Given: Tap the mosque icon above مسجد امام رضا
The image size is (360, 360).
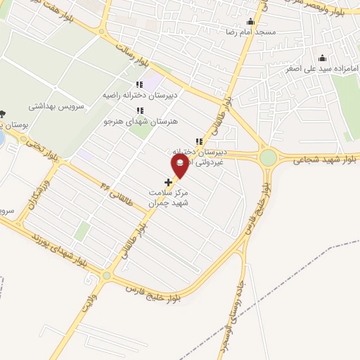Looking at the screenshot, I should click(x=251, y=22).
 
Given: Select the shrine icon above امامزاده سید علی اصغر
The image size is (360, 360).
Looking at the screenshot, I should click(x=322, y=58).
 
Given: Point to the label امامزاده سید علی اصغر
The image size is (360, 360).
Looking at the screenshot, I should click(x=322, y=69).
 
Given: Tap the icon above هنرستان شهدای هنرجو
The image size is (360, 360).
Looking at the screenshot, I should click(x=140, y=110).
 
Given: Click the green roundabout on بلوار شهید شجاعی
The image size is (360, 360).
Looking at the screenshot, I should click(x=268, y=158).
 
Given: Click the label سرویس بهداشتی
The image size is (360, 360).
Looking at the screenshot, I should click(x=56, y=106).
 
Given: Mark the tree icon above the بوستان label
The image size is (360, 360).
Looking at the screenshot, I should click(x=2, y=114).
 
